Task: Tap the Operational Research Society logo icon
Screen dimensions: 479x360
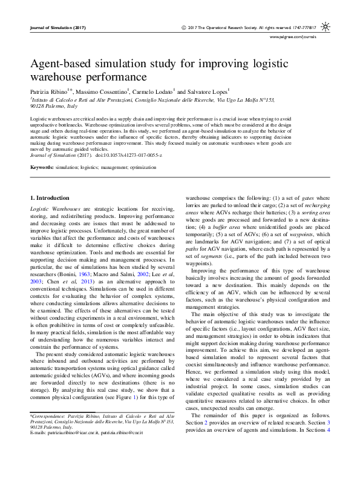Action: pyautogui.click(x=325, y=28)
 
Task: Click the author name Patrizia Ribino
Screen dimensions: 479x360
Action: pyautogui.click(x=50, y=90)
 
